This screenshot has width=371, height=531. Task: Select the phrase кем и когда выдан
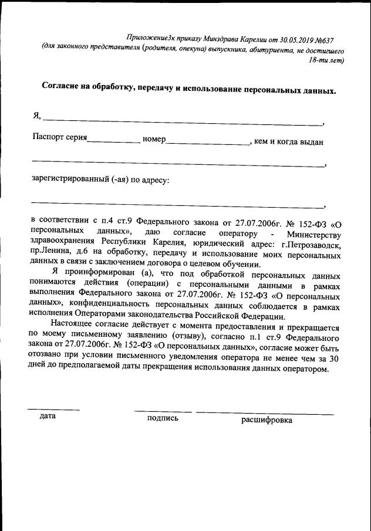coord(290,141)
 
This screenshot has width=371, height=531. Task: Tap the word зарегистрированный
coord(74,180)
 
